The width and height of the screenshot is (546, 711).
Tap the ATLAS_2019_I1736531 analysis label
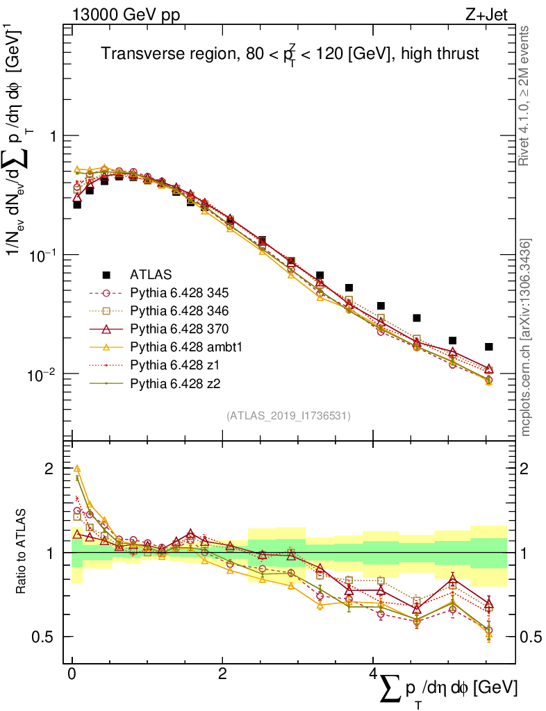[288, 416]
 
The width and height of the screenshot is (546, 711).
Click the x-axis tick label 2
[222, 675]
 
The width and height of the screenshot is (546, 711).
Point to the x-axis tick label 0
[72, 675]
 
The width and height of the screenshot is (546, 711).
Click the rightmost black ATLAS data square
[489, 346]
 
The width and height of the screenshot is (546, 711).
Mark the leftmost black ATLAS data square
[77, 205]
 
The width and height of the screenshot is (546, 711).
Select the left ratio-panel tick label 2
[49, 469]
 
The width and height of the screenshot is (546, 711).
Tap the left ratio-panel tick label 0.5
[44, 637]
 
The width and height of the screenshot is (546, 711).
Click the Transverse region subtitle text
[290, 53]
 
